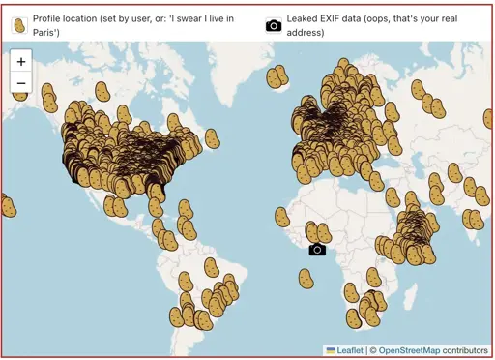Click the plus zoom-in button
click(21, 61)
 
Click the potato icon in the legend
click(18, 26)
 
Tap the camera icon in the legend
click(274, 26)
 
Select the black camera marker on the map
click(317, 250)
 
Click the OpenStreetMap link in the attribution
click(416, 349)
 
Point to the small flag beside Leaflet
click(331, 349)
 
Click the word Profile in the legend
click(49, 18)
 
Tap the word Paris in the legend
click(47, 33)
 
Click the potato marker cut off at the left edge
click(7, 206)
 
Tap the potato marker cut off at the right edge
click(489, 118)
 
